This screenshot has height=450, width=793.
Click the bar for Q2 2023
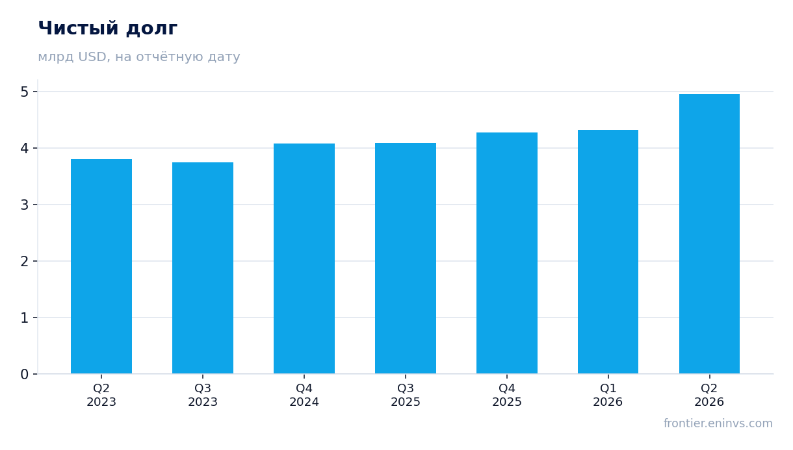click(x=101, y=266)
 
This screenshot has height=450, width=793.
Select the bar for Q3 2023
click(x=203, y=268)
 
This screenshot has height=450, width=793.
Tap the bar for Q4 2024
click(x=304, y=258)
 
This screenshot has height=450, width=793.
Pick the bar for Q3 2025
click(x=406, y=258)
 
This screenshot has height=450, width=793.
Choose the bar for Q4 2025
click(x=507, y=253)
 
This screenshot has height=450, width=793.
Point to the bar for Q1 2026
click(x=608, y=251)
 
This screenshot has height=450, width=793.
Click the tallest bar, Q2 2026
click(x=709, y=234)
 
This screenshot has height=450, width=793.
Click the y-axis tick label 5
click(x=25, y=92)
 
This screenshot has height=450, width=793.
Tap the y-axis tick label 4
click(x=25, y=148)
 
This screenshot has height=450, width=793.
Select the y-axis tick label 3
click(x=25, y=205)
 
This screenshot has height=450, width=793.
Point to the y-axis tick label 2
click(x=25, y=262)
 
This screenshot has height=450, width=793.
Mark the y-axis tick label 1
click(x=25, y=318)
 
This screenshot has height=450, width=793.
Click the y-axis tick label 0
click(x=25, y=374)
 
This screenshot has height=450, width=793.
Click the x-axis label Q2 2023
click(x=101, y=395)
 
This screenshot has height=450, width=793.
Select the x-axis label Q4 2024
click(x=304, y=395)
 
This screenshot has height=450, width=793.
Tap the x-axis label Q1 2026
click(x=608, y=395)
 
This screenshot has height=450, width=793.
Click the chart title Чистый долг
click(x=108, y=29)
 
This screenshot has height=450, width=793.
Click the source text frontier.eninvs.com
click(x=718, y=423)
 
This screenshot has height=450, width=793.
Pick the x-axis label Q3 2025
click(x=406, y=395)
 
